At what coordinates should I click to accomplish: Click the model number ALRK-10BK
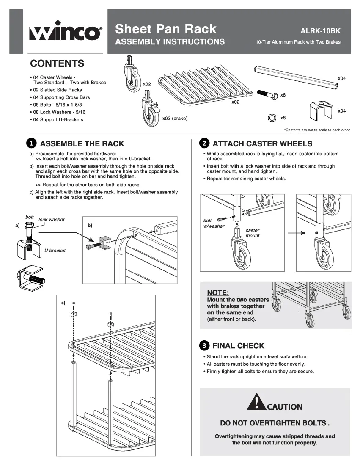(320, 31)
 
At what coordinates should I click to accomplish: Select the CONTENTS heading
(57, 64)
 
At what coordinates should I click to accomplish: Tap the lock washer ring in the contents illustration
(272, 118)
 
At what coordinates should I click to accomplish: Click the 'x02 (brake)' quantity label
(175, 119)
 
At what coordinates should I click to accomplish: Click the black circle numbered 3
(204, 345)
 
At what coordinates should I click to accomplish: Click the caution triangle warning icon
(256, 402)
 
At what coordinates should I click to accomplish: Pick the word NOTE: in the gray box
(218, 292)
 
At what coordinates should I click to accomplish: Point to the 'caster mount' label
(253, 233)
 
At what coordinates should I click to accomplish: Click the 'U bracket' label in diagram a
(55, 251)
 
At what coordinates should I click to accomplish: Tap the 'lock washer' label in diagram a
(52, 220)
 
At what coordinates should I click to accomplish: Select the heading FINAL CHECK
(238, 345)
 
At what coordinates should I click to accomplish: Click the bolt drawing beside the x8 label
(266, 94)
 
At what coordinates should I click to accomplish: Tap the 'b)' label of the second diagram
(90, 225)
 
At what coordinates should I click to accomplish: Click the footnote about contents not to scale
(317, 130)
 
